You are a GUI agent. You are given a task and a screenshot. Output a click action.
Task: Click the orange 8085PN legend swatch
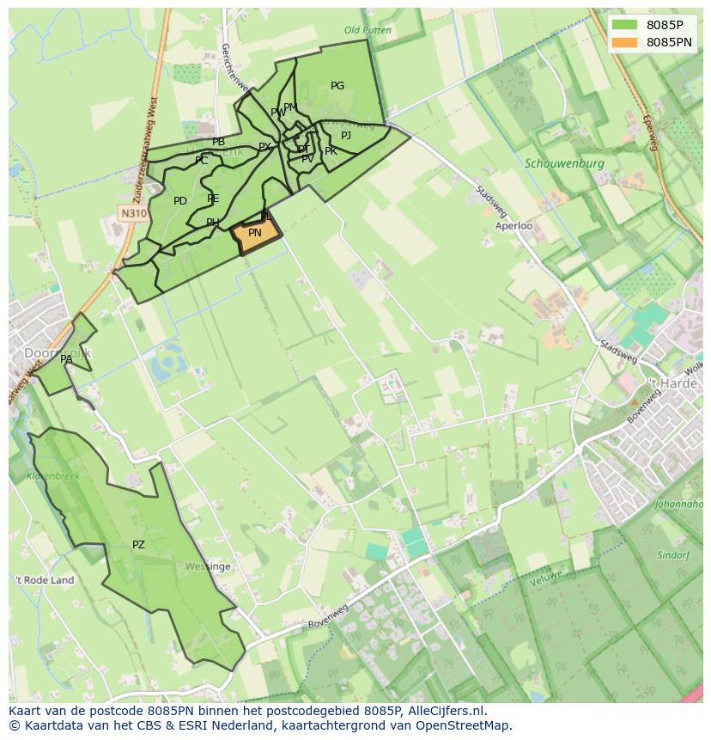(x=625, y=42)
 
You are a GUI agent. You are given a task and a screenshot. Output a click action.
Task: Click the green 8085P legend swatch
(x=625, y=24)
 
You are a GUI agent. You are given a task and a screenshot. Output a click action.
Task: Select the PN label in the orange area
(x=255, y=233)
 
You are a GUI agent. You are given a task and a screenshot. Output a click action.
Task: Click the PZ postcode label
(x=138, y=545)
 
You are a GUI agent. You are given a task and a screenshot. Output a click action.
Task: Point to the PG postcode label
(x=337, y=86)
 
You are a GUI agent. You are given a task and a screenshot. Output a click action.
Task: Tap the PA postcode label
(x=66, y=359)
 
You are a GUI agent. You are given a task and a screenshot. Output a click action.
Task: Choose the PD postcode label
(x=180, y=201)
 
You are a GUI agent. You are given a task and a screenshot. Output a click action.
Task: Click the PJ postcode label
(x=346, y=136)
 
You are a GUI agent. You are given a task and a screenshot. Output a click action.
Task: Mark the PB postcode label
(x=218, y=142)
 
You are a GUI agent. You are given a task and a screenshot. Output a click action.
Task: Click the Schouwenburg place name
(x=564, y=163)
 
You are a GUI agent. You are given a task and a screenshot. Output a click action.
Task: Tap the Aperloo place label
(x=513, y=226)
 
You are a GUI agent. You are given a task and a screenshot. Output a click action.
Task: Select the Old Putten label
(x=368, y=30)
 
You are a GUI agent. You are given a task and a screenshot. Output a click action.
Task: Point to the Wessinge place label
(x=208, y=567)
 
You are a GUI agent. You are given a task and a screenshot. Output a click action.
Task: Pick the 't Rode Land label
(x=44, y=580)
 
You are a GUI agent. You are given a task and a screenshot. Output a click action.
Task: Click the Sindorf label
(x=673, y=555)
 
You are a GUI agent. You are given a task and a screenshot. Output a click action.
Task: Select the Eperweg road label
(x=647, y=132)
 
